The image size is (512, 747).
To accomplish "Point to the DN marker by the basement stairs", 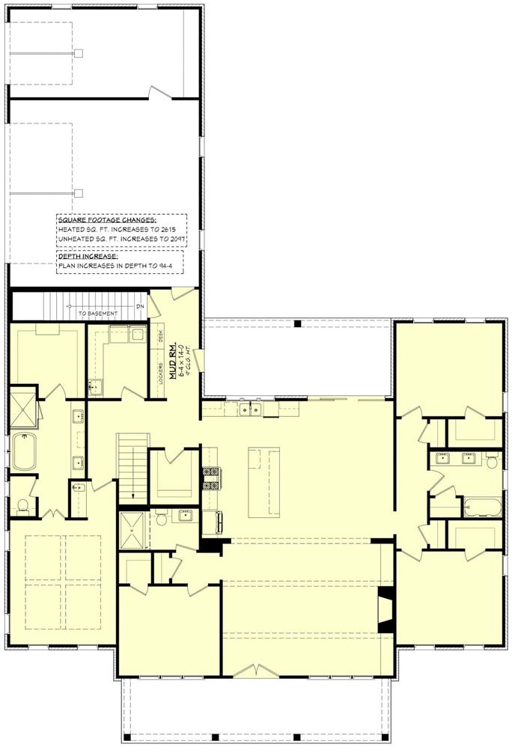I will [139, 306].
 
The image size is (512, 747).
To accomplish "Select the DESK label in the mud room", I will [161, 336].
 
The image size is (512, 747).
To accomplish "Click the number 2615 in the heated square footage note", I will [177, 230].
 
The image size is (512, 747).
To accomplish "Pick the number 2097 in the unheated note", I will [177, 240].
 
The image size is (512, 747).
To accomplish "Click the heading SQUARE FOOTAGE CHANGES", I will [107, 221].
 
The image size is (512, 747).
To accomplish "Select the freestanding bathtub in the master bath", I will [23, 451].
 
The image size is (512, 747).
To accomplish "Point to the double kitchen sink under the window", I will [250, 409].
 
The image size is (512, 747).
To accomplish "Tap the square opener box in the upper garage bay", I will [77, 54].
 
